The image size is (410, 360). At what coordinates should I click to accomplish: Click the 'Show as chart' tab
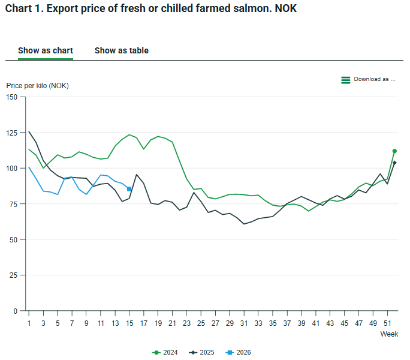(x=46, y=50)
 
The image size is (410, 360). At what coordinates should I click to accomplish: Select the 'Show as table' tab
(x=121, y=50)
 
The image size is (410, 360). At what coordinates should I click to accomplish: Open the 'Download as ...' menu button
(x=369, y=79)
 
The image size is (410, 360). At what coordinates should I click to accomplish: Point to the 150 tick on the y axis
(x=12, y=97)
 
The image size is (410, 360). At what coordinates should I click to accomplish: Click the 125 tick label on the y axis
(x=12, y=133)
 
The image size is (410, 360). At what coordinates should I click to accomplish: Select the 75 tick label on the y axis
(x=14, y=204)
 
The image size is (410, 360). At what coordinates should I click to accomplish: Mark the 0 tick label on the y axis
(x=16, y=311)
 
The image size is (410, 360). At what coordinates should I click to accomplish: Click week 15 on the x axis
(x=130, y=323)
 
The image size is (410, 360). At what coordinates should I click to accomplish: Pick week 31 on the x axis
(x=244, y=323)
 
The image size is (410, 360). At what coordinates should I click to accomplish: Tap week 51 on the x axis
(x=387, y=323)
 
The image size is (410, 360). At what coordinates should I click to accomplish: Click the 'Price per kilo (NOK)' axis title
(x=37, y=85)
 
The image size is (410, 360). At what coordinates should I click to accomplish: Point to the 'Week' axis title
(x=389, y=334)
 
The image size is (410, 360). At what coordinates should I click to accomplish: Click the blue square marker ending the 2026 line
(x=129, y=189)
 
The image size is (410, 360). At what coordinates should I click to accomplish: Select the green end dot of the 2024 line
(x=394, y=151)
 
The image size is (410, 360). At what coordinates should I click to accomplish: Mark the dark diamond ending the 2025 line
(x=394, y=163)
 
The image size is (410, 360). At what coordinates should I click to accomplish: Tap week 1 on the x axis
(x=29, y=323)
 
